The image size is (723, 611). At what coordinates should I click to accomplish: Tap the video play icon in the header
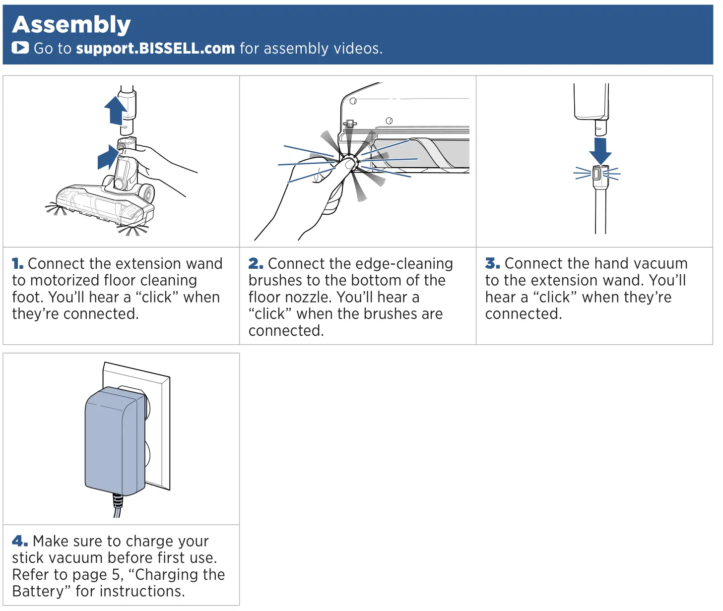20,48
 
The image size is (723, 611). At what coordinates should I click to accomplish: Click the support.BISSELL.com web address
155,48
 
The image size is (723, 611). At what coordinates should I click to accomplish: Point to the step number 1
17,264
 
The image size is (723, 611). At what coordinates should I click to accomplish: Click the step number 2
256,264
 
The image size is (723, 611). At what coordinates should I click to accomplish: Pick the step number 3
492,263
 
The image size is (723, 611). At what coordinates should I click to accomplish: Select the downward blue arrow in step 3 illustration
600,150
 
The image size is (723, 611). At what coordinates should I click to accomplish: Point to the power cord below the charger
118,506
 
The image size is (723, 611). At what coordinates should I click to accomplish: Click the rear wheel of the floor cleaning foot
147,193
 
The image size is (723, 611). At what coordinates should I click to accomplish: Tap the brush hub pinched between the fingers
349,162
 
